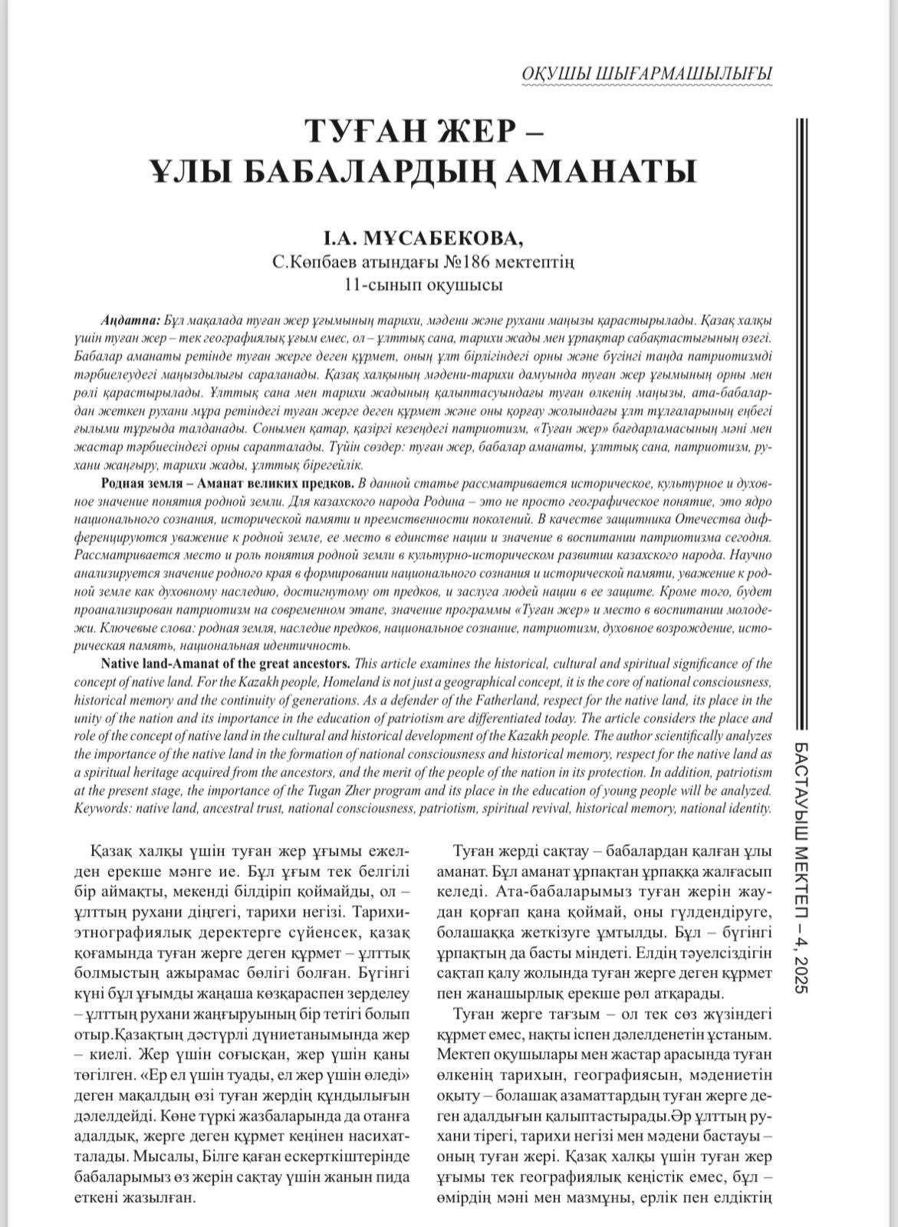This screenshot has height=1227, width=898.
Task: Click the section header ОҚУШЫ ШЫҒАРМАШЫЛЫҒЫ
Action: pyautogui.click(x=646, y=74)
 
